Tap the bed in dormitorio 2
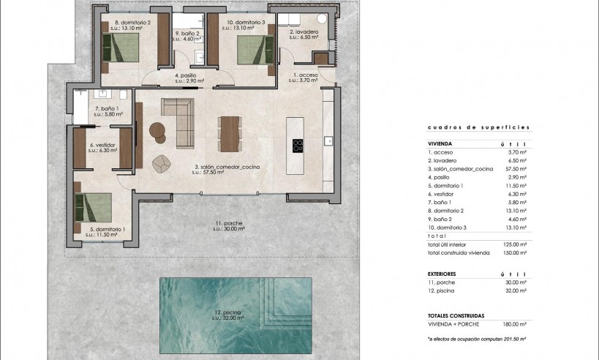(125, 48)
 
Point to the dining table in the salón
(229, 134)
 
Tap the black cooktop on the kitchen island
(298, 145)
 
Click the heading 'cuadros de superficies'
(478, 127)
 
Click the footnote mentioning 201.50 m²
(478, 340)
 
